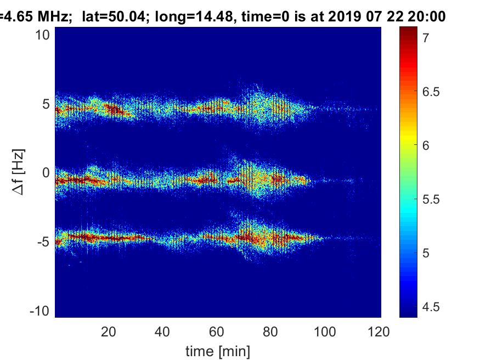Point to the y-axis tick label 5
(x=46, y=104)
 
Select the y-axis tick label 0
(x=46, y=173)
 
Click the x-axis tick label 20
(x=109, y=331)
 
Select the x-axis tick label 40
(x=162, y=331)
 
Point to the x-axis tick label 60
(x=217, y=331)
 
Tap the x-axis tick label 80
(x=271, y=331)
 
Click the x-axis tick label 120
(x=378, y=331)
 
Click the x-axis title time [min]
(x=218, y=350)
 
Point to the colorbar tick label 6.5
(x=431, y=92)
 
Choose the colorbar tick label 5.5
(x=431, y=199)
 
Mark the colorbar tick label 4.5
(x=431, y=307)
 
